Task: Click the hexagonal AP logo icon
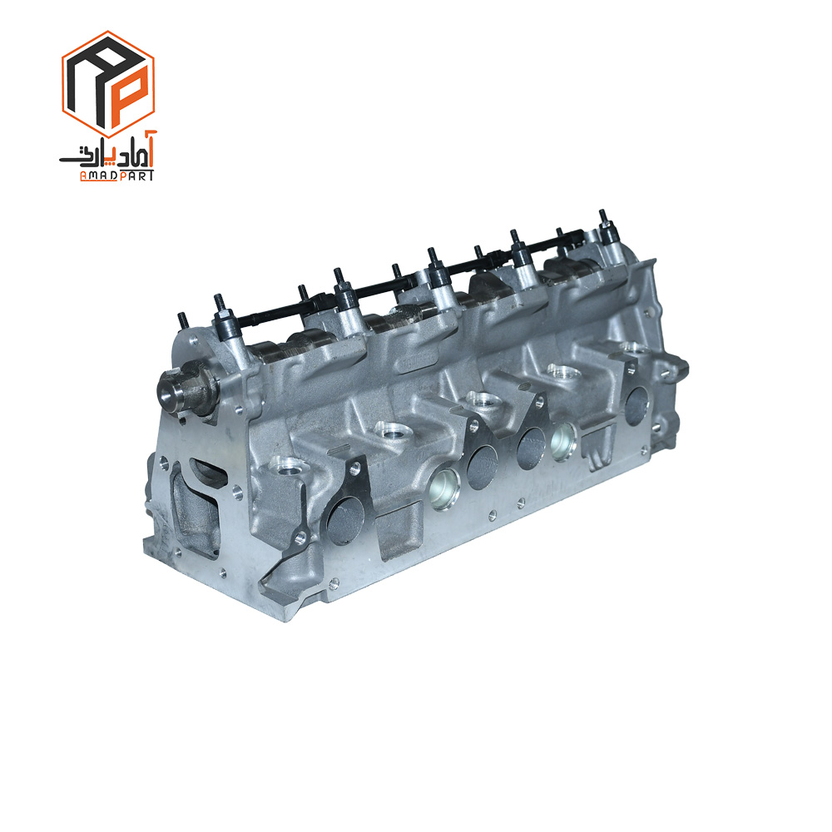click(108, 84)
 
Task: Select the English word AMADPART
click(116, 176)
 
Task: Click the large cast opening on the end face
click(196, 508)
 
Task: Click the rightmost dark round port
click(636, 407)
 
